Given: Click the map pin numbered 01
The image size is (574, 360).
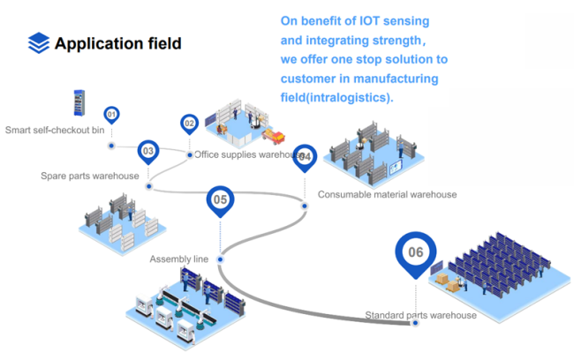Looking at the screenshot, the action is (x=111, y=115).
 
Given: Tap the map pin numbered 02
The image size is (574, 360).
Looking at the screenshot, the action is (x=189, y=124).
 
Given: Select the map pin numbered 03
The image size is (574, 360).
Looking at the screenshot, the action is (x=147, y=152).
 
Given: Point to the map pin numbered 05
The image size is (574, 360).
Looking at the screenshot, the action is (x=220, y=201).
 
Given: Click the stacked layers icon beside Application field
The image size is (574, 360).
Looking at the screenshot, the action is (x=39, y=43).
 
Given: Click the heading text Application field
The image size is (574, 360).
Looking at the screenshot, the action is (x=117, y=43).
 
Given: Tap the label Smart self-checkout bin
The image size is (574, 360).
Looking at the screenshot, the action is (x=55, y=130).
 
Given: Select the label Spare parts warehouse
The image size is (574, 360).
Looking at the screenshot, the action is (x=90, y=176).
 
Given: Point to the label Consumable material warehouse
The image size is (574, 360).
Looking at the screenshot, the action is (x=388, y=194).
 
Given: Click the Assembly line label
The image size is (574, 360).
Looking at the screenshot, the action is (x=179, y=259).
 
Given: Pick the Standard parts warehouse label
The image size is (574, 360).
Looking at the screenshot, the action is (x=420, y=315).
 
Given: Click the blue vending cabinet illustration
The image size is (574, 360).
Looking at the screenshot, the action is (x=79, y=103).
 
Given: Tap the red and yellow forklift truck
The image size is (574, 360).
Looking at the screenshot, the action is (x=273, y=136).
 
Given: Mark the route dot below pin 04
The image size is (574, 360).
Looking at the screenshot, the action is (x=305, y=206).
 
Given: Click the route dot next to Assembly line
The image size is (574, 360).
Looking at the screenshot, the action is (x=220, y=259).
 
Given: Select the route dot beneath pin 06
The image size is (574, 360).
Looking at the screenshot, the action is (x=415, y=323).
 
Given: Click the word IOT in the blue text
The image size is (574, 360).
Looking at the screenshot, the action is (x=369, y=21).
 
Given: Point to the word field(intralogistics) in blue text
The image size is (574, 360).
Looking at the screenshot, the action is (x=336, y=98).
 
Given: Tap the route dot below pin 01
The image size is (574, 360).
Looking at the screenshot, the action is (x=111, y=146).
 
